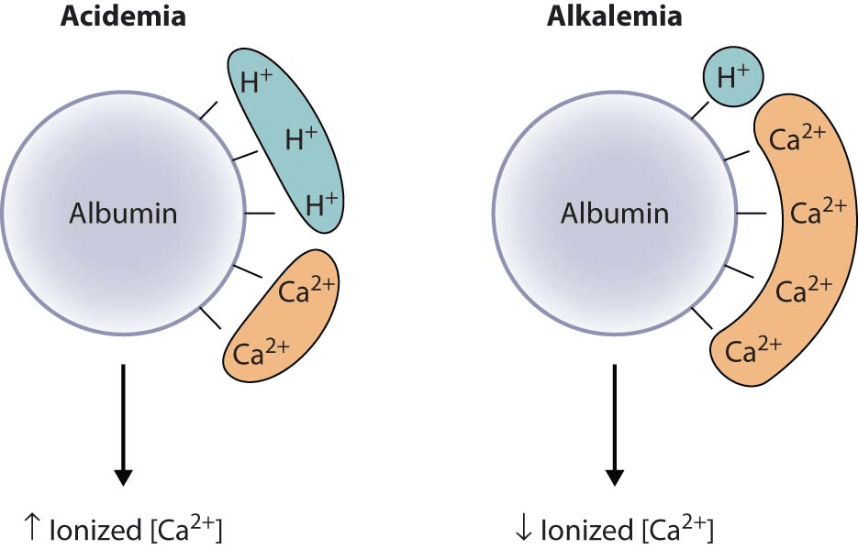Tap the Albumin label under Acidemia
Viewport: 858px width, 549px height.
click(123, 214)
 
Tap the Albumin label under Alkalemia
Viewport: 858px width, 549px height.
click(615, 214)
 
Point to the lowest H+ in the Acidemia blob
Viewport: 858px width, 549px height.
click(322, 203)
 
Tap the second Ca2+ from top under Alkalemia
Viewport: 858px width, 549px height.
click(818, 213)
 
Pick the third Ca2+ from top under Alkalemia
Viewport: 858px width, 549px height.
click(803, 291)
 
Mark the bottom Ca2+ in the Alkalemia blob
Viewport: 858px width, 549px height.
click(752, 349)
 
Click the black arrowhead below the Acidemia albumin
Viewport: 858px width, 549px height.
click(123, 478)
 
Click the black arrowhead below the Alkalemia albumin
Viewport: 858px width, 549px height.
click(615, 478)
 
